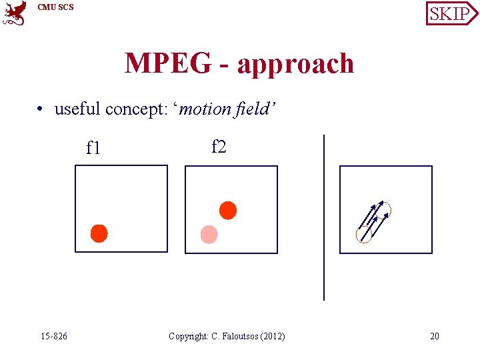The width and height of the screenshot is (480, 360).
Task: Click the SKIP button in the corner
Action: [451, 13]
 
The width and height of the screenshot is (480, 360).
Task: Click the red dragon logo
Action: [15, 13]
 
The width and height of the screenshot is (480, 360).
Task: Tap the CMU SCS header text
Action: [56, 7]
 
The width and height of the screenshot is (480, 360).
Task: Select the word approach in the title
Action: [296, 65]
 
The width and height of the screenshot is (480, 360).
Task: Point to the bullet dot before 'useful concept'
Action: [41, 109]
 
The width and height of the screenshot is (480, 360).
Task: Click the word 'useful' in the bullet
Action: [77, 108]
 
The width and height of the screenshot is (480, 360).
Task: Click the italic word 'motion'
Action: [205, 108]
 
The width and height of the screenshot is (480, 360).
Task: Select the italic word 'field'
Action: [254, 108]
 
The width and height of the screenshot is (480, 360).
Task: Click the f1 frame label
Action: [93, 147]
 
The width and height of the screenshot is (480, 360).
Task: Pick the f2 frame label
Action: [219, 146]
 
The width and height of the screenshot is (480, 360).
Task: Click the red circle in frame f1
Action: [99, 233]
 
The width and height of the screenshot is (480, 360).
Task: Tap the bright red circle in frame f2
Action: [228, 210]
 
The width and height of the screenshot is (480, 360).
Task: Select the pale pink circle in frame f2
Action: [209, 234]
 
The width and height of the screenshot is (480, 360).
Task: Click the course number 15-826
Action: [53, 336]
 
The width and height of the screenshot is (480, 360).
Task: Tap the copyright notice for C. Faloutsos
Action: [227, 336]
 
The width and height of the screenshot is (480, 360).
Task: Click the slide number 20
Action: [435, 336]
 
